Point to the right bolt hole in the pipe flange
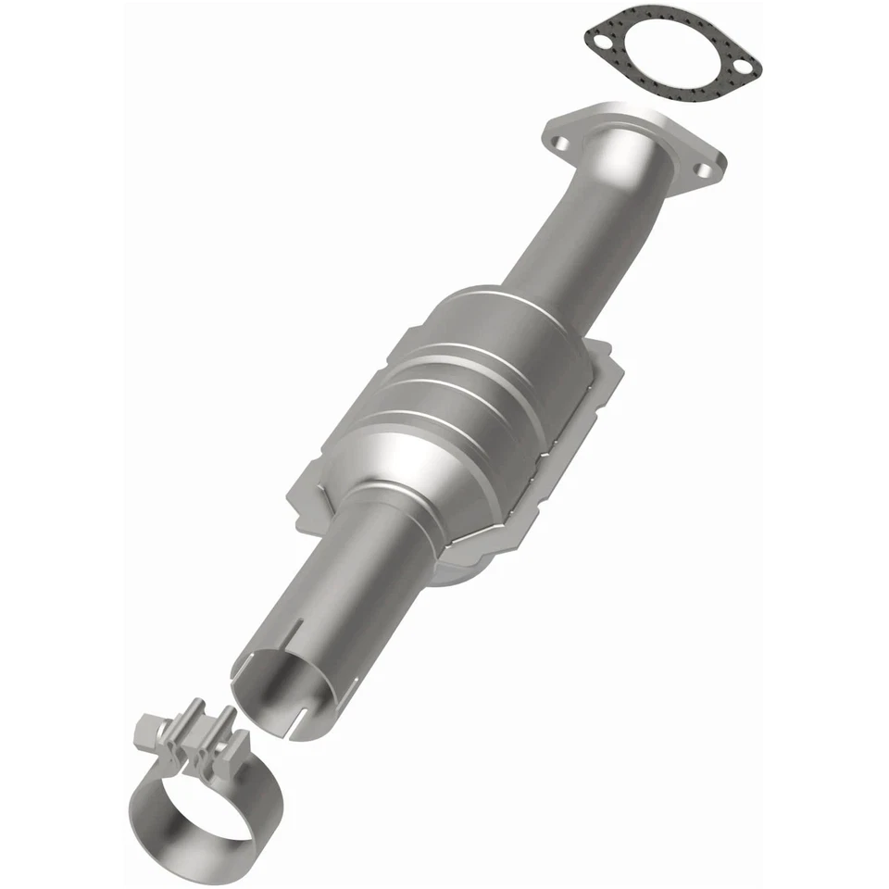point(701,169)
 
